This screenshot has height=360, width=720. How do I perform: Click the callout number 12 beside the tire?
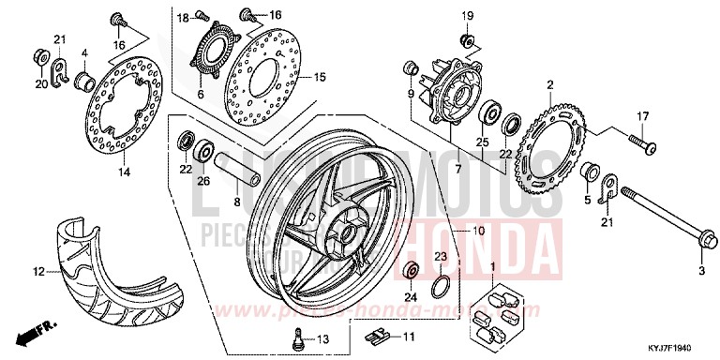(x=39, y=273)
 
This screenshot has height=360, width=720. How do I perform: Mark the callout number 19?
(x=468, y=15)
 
